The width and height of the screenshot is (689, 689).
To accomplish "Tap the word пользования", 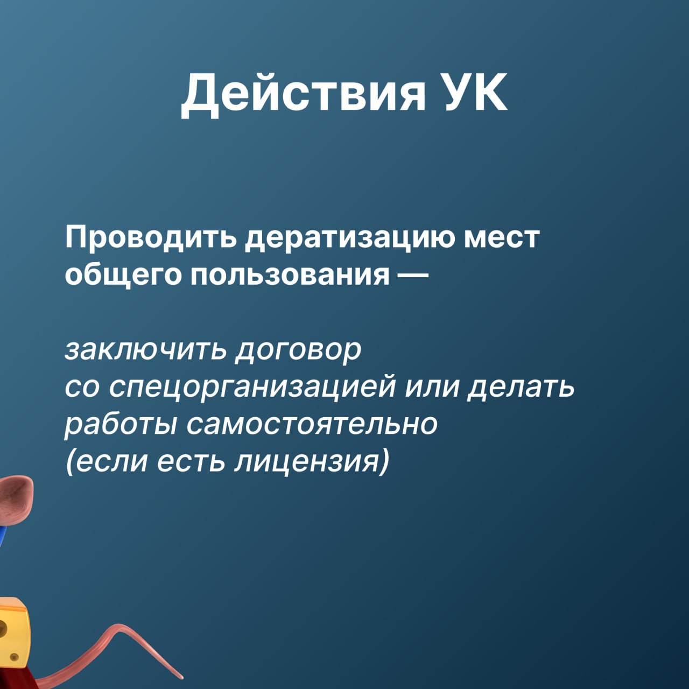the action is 290,276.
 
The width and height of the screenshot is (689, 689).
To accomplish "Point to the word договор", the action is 298,350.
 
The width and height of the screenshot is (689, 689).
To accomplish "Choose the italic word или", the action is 431,388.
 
